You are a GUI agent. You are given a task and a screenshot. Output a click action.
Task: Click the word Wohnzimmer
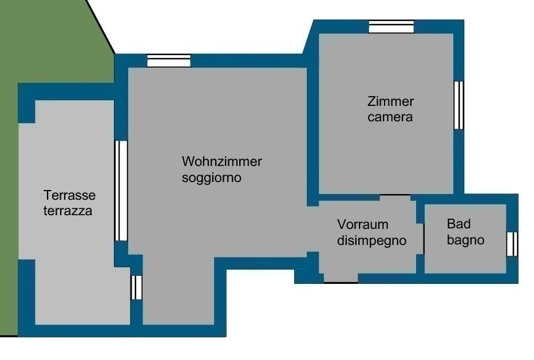pos(221,161)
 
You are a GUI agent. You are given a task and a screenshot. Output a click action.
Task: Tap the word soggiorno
pos(212,178)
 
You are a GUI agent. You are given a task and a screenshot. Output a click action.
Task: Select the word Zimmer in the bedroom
pos(390,101)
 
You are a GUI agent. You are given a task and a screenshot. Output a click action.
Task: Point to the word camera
pos(390,117)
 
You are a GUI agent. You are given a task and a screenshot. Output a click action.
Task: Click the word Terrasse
pos(69,196)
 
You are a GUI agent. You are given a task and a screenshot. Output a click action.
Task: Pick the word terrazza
pos(68,211)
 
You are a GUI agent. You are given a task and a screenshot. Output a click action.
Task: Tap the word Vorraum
pos(363,225)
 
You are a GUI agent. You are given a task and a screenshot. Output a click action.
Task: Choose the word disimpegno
pos(372,241)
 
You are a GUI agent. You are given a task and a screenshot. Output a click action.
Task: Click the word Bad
pos(458,224)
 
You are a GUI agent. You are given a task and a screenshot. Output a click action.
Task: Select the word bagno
pos(465,240)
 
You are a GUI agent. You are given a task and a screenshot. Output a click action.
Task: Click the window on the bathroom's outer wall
pos(512,244)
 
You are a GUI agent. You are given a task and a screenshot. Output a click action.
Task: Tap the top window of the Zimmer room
pos(391,26)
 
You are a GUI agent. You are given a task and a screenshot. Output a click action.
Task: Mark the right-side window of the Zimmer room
pos(458,105)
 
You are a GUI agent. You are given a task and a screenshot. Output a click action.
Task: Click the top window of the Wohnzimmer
pos(169,61)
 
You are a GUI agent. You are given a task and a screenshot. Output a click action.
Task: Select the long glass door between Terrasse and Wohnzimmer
pos(121,191)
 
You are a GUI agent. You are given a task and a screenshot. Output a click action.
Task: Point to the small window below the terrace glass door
pos(137,287)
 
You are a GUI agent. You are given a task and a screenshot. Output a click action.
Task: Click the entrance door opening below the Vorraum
pos(341,282)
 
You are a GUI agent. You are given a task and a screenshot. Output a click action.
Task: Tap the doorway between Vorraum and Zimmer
pos(395,195)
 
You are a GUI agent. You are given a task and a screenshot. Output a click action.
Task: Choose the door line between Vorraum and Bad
pos(424,239)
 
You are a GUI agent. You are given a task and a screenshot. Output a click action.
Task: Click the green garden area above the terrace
pos(54,41)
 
